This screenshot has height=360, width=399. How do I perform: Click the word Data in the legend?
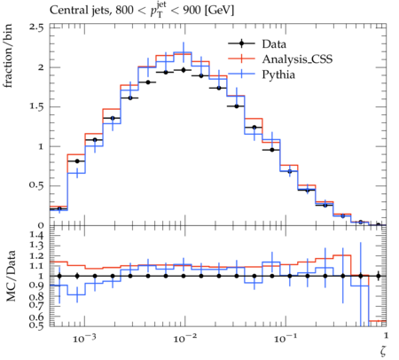click(x=274, y=44)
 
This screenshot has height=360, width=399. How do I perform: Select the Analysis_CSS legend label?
click(x=297, y=59)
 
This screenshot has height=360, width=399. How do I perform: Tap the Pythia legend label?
click(x=278, y=74)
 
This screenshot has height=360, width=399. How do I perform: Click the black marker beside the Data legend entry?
click(x=241, y=43)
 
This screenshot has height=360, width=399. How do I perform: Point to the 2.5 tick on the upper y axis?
click(x=36, y=27)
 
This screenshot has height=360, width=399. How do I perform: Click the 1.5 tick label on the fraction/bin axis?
click(x=36, y=106)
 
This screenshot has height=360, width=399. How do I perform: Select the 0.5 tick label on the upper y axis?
click(x=36, y=185)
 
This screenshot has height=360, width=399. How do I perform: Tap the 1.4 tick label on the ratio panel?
click(x=36, y=236)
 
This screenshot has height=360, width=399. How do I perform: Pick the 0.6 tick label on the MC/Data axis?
click(x=36, y=317)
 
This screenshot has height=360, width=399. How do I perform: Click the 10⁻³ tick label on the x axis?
click(x=84, y=338)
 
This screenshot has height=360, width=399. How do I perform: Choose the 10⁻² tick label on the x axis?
click(x=184, y=338)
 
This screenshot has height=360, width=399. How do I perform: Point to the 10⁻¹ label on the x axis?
click(x=286, y=338)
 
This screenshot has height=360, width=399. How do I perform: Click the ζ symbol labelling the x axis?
click(x=383, y=351)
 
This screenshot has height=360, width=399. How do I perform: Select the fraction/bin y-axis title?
click(x=8, y=56)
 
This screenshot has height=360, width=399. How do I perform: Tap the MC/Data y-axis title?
click(x=11, y=276)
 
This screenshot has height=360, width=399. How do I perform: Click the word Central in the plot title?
click(x=66, y=11)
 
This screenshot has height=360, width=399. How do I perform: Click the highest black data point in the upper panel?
click(x=184, y=70)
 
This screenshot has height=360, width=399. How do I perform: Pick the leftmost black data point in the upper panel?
click(x=59, y=209)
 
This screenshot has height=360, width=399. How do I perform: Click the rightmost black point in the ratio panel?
click(x=378, y=276)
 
